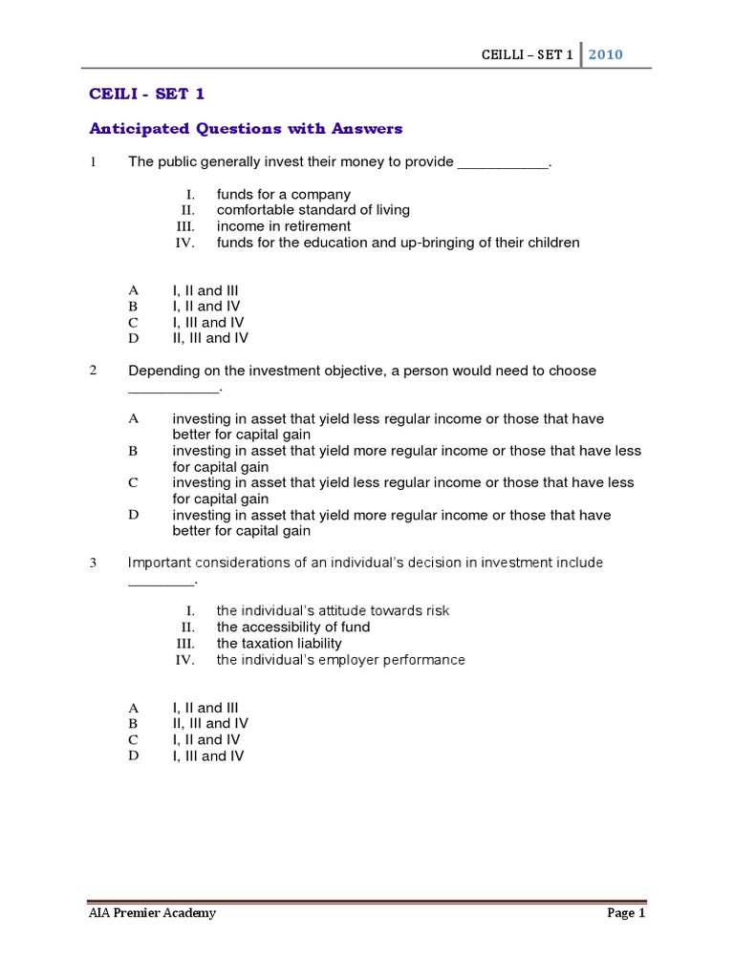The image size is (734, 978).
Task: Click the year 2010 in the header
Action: tap(606, 54)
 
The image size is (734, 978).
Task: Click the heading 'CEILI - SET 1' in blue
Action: tap(146, 94)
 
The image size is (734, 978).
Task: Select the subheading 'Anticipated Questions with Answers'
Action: tap(246, 128)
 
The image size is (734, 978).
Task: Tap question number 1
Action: tap(94, 162)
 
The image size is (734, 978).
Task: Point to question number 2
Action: tap(94, 371)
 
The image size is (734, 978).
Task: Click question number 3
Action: tap(94, 563)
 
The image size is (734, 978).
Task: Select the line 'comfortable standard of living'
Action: tap(313, 210)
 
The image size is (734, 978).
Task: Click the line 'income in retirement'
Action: tap(283, 226)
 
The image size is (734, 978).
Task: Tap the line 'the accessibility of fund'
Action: tap(292, 627)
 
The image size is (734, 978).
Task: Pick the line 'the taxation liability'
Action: tap(278, 644)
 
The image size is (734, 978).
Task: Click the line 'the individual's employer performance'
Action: tap(340, 660)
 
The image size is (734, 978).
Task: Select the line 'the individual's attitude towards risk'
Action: tap(333, 611)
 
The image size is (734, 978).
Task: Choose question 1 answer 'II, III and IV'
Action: tap(210, 338)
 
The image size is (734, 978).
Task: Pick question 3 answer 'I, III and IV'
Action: tap(207, 756)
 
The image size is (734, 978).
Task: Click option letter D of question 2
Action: tap(134, 515)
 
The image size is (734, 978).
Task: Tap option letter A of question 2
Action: tap(134, 418)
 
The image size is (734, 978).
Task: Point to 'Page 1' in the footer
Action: tap(627, 913)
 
